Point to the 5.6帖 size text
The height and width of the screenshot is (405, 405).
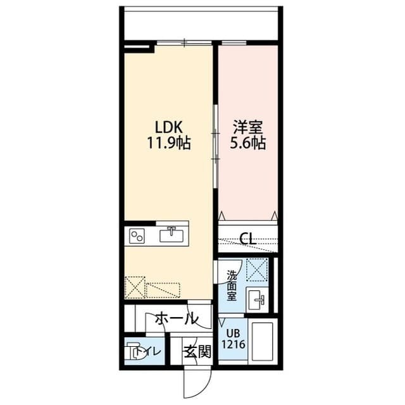pos(248,143)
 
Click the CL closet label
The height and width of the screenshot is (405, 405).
pos(247,239)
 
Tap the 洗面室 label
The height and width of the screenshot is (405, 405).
pos(232,285)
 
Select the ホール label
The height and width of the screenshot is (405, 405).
pos(176,318)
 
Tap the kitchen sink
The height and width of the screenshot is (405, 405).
pos(171,235)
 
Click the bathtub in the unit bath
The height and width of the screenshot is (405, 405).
pos(261,342)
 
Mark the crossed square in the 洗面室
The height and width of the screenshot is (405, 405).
pos(257,270)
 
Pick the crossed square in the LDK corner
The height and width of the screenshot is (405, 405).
pos(135,288)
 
